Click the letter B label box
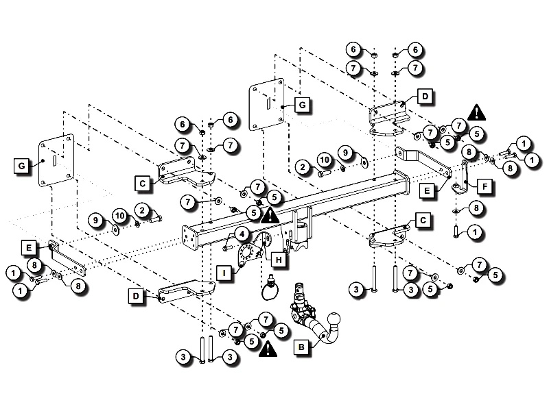pyautogui.click(x=300, y=347)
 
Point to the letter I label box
pyautogui.click(x=223, y=273)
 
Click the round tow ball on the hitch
pyautogui.click(x=337, y=320)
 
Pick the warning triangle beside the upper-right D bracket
pyautogui.click(x=475, y=111)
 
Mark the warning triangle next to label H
pyautogui.click(x=270, y=216)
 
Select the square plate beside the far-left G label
pyautogui.click(x=56, y=162)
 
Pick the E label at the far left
pyautogui.click(x=30, y=247)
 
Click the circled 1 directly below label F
pyautogui.click(x=474, y=232)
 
